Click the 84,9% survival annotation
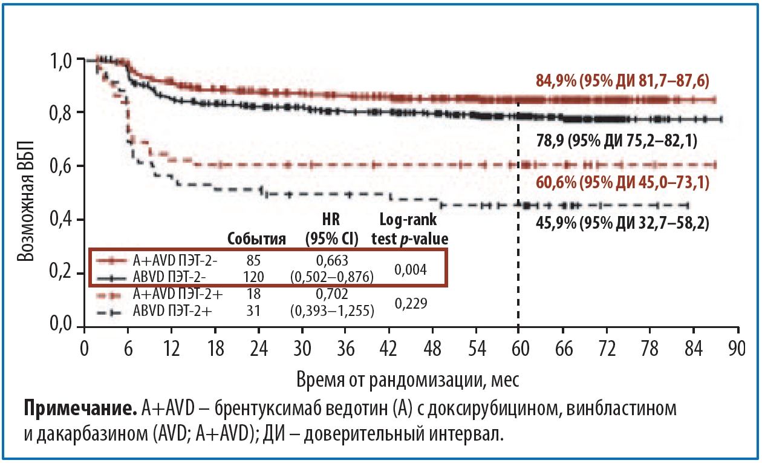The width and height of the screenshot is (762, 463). tap(622, 80)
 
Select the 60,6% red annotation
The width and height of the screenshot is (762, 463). tap(622, 182)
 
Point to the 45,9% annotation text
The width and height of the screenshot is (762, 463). tap(622, 223)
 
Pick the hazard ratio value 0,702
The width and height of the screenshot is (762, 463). tap(332, 295)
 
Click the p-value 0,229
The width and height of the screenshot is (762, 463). tap(411, 303)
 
